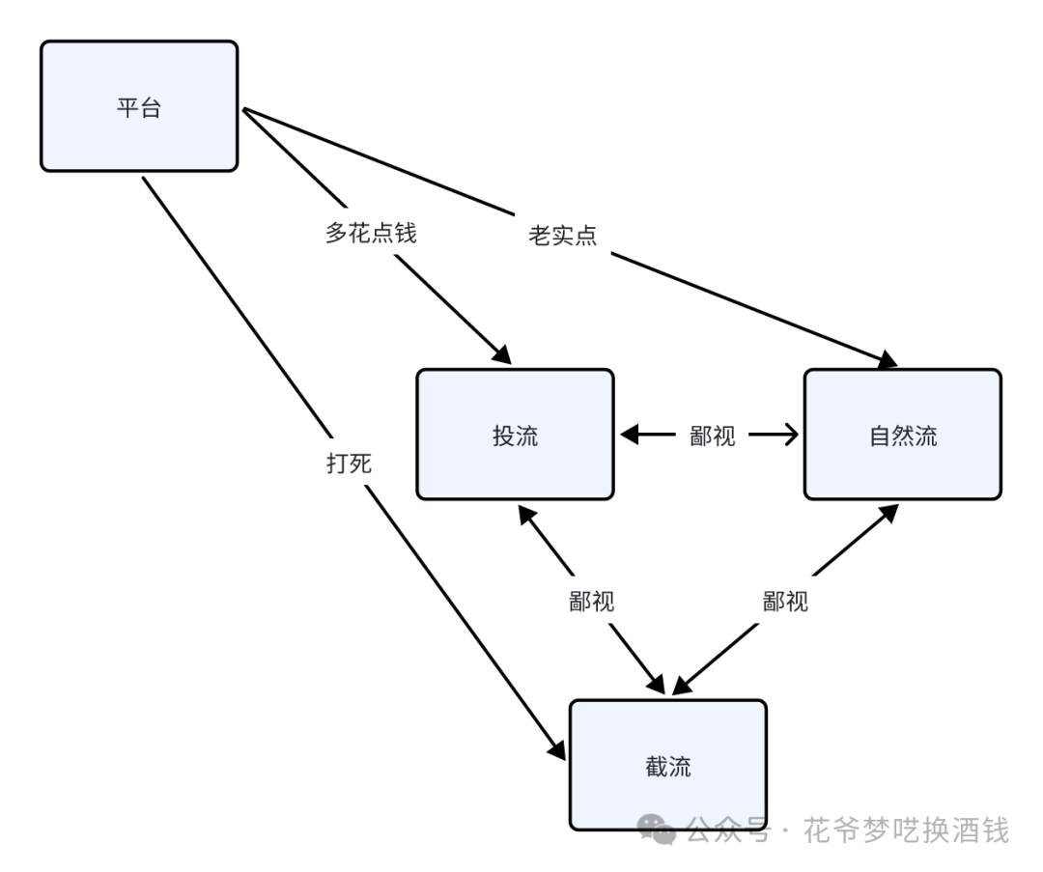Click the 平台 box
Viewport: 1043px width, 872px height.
pyautogui.click(x=139, y=106)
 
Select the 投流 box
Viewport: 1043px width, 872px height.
pyautogui.click(x=515, y=435)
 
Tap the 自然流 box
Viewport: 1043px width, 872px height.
pyautogui.click(x=902, y=435)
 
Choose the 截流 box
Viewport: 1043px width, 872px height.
pyautogui.click(x=667, y=766)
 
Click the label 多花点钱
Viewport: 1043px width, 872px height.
pyautogui.click(x=371, y=233)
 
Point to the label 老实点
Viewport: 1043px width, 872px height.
pyautogui.click(x=562, y=235)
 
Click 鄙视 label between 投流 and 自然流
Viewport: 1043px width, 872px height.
pyautogui.click(x=713, y=436)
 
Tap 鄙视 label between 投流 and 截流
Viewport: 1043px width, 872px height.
pyautogui.click(x=592, y=601)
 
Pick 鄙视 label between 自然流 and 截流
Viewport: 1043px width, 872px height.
pyautogui.click(x=785, y=601)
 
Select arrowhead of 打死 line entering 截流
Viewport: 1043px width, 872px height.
pyautogui.click(x=557, y=749)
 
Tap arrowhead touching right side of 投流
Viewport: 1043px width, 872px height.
pyautogui.click(x=629, y=436)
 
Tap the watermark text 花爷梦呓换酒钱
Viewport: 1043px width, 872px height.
pyautogui.click(x=905, y=830)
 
